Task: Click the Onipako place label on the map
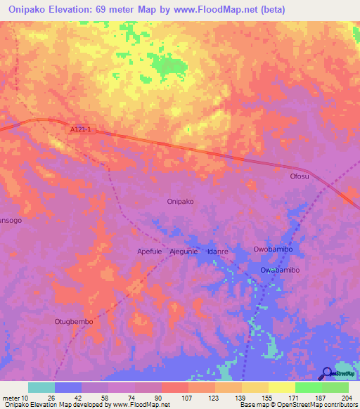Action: click(x=181, y=201)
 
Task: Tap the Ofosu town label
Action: click(x=300, y=176)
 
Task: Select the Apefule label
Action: click(x=149, y=251)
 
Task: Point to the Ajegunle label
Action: click(x=185, y=251)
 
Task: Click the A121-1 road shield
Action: click(x=79, y=129)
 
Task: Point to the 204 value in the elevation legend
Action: click(x=345, y=398)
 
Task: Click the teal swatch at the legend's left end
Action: click(x=41, y=387)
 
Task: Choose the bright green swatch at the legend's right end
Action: click(x=335, y=387)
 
